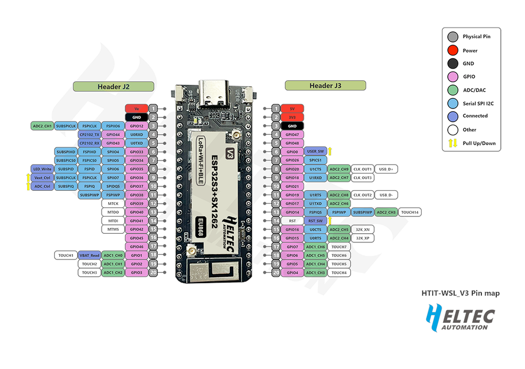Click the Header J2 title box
113,86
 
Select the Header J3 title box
325,85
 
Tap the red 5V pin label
292,109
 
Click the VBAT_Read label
89,255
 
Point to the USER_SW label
316,151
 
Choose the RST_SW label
316,221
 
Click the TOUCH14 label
410,212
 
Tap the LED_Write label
43,169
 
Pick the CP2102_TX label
89,134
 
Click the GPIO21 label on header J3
292,186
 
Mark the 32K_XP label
363,238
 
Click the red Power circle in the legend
452,50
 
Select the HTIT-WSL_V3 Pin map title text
460,294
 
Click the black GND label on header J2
136,117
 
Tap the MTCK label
113,203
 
